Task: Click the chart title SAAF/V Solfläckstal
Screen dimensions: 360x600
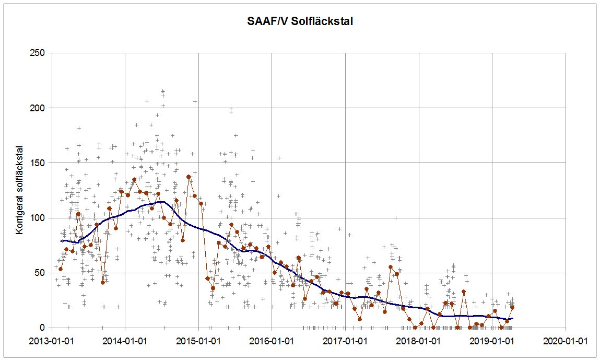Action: [300, 22]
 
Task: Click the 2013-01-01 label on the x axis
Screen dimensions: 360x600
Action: [52, 340]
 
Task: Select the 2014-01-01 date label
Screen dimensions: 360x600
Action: [125, 340]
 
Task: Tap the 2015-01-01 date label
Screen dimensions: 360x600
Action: [198, 340]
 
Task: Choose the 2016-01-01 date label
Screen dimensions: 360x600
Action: [272, 340]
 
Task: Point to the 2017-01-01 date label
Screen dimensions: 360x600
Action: [346, 340]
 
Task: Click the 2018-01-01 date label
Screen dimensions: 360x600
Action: [419, 340]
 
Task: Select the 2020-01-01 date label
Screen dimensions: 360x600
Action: [566, 340]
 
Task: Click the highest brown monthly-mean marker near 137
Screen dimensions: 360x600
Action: [189, 177]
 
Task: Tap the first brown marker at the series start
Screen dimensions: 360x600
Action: [61, 269]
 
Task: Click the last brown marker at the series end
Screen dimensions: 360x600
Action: [512, 307]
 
